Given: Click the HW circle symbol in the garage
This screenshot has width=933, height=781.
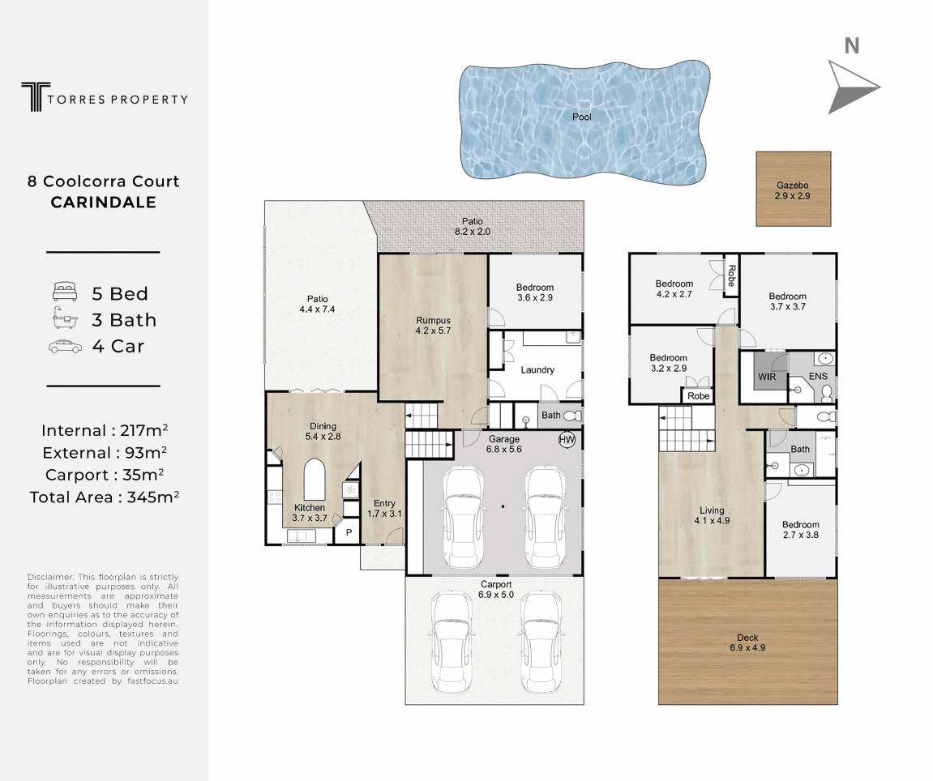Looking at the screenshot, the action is [x=567, y=440].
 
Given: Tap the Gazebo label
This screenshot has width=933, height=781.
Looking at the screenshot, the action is [x=792, y=185].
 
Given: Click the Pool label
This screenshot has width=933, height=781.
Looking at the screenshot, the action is [x=581, y=117].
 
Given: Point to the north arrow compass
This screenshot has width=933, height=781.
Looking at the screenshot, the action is [x=854, y=87].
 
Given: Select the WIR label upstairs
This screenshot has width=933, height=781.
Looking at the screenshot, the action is [x=767, y=377].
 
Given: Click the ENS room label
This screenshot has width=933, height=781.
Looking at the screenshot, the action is [x=818, y=376].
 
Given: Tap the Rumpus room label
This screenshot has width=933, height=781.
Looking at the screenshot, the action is [x=433, y=320].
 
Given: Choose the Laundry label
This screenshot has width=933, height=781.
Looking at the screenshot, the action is [x=537, y=369].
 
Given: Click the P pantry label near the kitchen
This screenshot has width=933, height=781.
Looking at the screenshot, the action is [x=349, y=532].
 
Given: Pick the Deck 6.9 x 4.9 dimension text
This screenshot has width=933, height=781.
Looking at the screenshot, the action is [x=747, y=648].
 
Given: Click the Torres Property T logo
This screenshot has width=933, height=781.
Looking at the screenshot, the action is [x=36, y=97].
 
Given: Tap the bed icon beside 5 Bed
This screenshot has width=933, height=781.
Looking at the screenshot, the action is [x=65, y=292].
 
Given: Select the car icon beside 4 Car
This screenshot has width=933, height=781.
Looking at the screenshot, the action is [x=66, y=346].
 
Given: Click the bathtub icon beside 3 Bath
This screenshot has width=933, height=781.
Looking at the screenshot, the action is [x=65, y=319].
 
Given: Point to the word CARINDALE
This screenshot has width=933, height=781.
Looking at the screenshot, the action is [x=104, y=203].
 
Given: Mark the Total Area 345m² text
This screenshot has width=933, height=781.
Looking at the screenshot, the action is [x=104, y=497].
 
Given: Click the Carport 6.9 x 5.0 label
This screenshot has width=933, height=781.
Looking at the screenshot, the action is [x=496, y=590].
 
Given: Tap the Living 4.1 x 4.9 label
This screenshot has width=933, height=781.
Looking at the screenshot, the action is [x=712, y=515].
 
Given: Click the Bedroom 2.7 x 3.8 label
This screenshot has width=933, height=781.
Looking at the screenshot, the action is [x=800, y=529].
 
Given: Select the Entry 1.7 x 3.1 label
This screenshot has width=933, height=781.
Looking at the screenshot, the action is [x=384, y=509].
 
